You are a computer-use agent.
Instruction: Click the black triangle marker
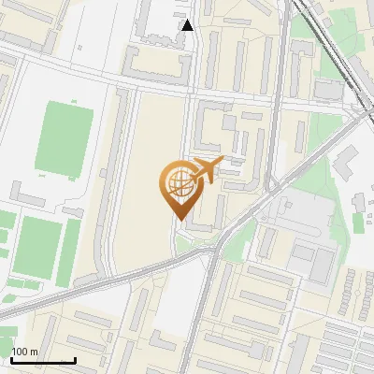[188, 25]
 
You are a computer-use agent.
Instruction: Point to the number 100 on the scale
[20, 352]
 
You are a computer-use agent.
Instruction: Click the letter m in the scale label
[35, 352]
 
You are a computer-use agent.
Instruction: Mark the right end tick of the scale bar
[75, 359]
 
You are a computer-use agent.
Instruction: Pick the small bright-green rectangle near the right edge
[359, 225]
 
